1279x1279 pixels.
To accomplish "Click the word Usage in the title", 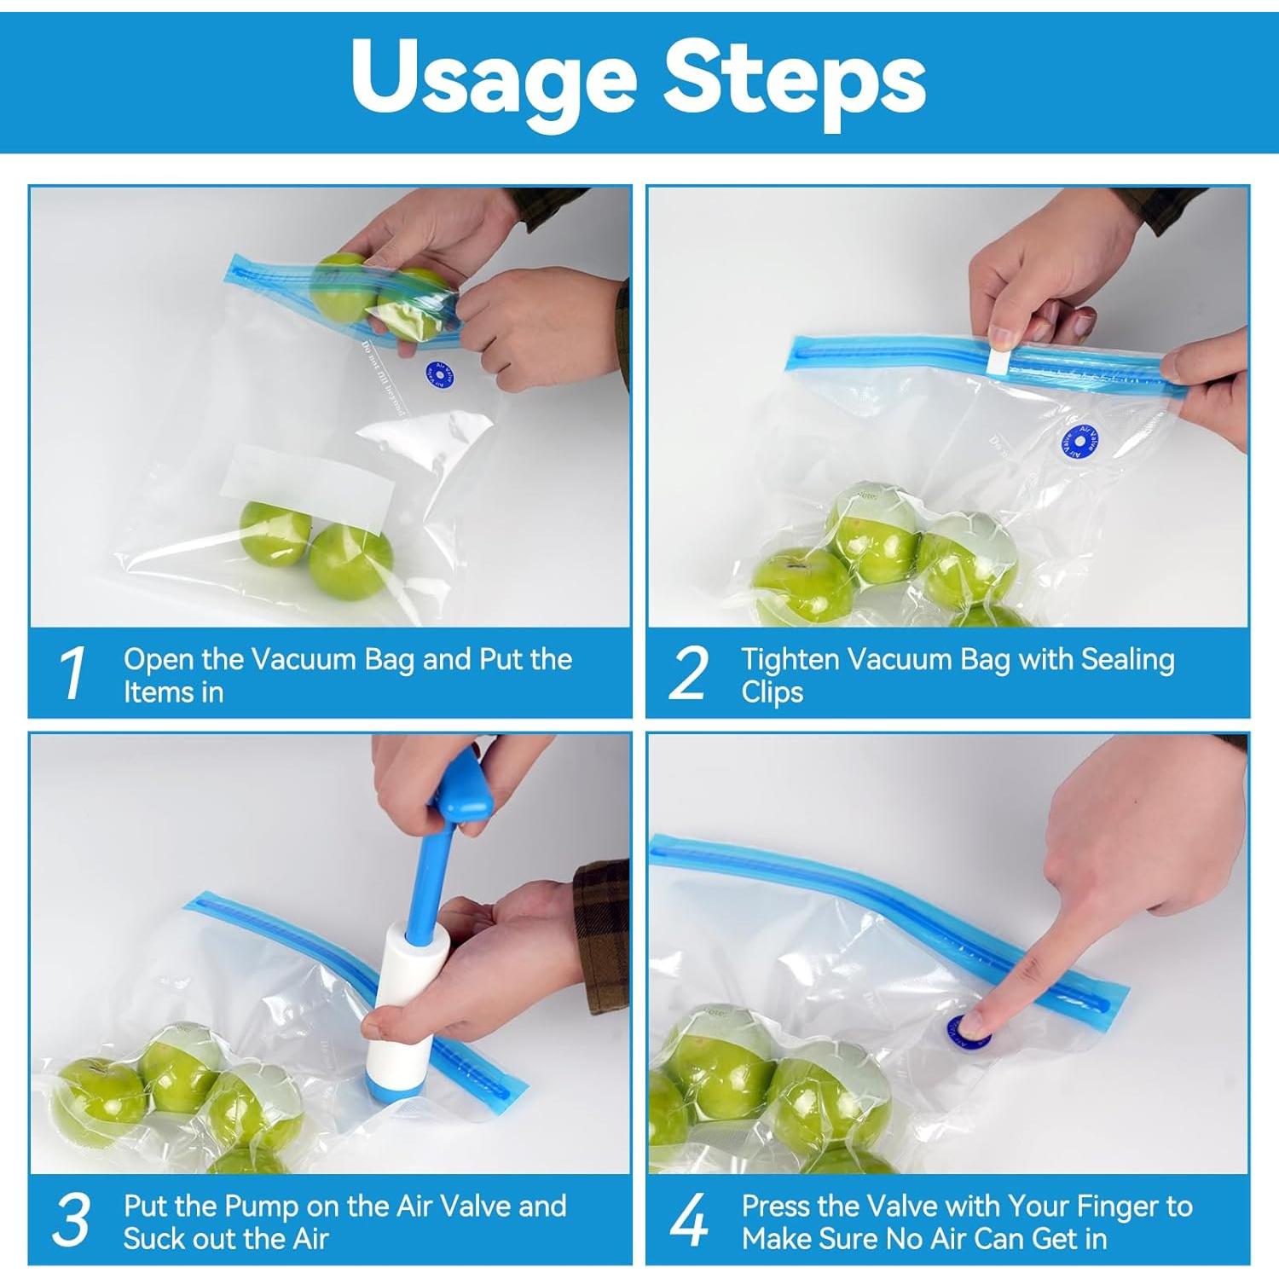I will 493,78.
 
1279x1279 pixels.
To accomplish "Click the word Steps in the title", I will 795,78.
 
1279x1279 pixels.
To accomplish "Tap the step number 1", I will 73,674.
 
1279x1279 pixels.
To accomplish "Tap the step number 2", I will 689,674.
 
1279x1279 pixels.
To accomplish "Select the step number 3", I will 72,1220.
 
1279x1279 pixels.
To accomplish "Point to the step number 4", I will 689,1220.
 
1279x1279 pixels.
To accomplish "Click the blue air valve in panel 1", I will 439,374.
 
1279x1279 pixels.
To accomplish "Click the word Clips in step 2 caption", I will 772,692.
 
